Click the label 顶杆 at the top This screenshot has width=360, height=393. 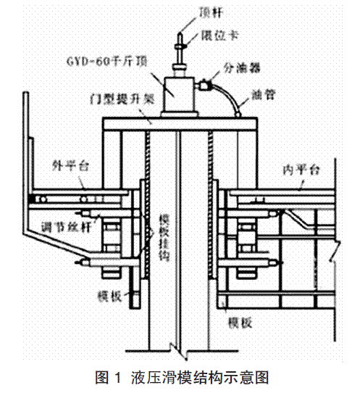pyautogui.click(x=210, y=12)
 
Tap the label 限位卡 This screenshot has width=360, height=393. pyautogui.click(x=219, y=36)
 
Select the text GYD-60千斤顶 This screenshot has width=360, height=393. pyautogui.click(x=107, y=62)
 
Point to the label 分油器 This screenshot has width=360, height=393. pyautogui.click(x=242, y=68)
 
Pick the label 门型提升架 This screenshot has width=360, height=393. pyautogui.click(x=122, y=100)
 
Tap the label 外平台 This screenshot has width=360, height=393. pyautogui.click(x=71, y=165)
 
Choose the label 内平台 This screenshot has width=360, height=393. pyautogui.click(x=301, y=170)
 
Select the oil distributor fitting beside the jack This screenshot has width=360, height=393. pyautogui.click(x=204, y=84)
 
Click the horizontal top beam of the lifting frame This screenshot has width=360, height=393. pyautogui.click(x=180, y=124)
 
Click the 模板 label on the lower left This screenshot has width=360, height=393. pyautogui.click(x=110, y=296)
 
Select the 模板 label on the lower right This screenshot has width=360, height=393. pyautogui.click(x=240, y=323)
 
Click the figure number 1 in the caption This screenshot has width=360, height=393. pyautogui.click(x=117, y=378)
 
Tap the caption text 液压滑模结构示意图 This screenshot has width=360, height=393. pyautogui.click(x=200, y=378)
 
